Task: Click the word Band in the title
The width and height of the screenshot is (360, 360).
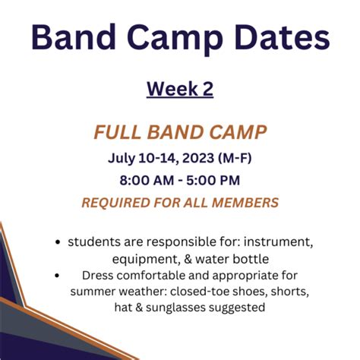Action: pos(74,36)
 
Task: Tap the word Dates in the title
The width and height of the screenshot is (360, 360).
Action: pos(282,36)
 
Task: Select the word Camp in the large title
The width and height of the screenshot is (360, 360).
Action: pos(175,39)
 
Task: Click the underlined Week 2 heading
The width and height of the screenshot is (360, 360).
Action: pos(180,89)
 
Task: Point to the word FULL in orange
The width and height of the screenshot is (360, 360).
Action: pos(117,132)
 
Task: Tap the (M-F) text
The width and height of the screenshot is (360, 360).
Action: pos(235,158)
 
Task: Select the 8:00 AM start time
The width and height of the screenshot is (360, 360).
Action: pos(147,181)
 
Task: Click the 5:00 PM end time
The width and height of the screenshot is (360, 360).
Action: pos(213,181)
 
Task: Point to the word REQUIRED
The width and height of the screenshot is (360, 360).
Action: pos(116,203)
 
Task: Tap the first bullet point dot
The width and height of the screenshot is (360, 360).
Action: pos(58,242)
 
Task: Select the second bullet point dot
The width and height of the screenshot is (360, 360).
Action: pos(57,275)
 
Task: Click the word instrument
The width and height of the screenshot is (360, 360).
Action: pos(278,242)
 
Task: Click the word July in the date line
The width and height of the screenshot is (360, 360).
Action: pos(122,159)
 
